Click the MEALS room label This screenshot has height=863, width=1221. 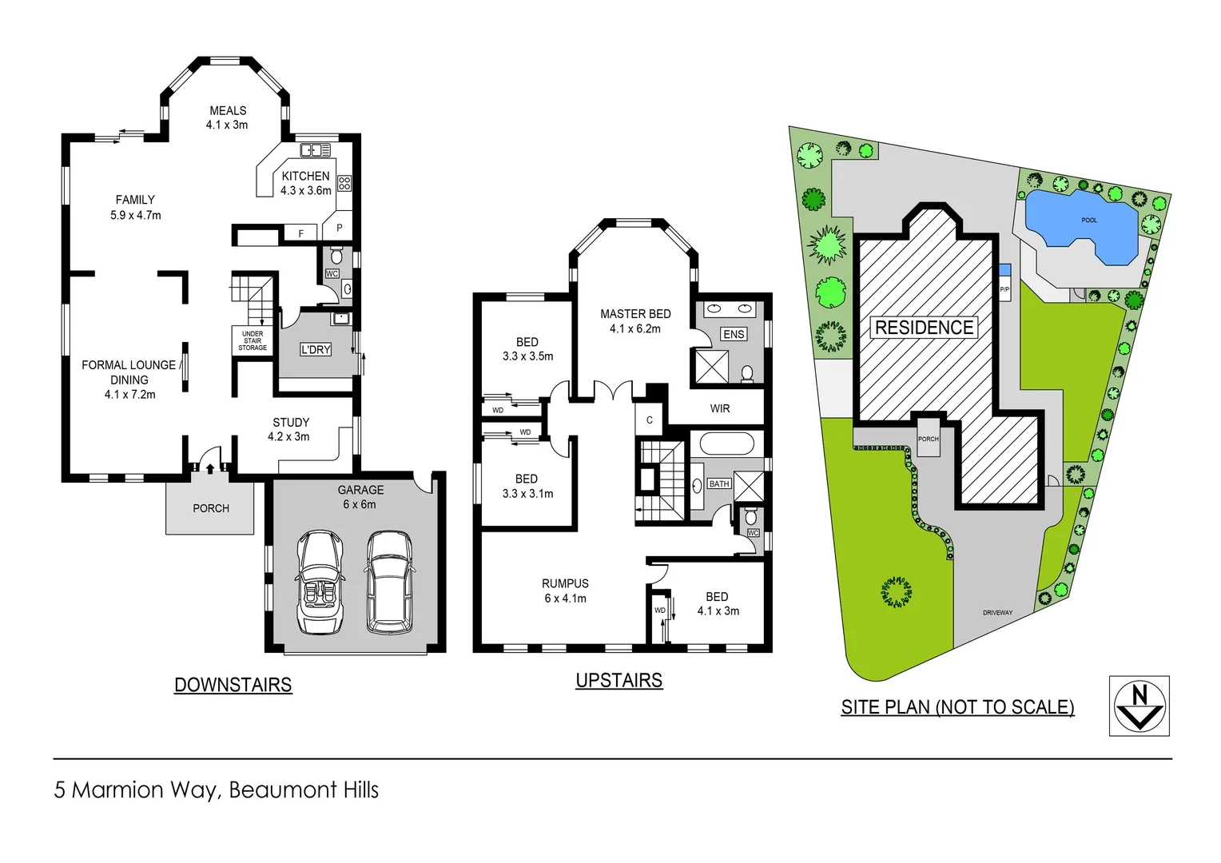[228, 111]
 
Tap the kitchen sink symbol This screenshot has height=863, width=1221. [315, 149]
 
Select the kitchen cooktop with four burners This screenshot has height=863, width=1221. [344, 183]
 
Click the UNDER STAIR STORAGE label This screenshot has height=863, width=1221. [253, 340]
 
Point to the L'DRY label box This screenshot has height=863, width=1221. [316, 349]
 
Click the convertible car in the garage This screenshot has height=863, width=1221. [320, 581]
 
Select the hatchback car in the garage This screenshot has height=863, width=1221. [389, 581]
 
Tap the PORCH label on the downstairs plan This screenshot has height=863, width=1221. [211, 508]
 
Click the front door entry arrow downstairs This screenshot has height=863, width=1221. [210, 468]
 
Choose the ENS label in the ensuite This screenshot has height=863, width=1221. [734, 334]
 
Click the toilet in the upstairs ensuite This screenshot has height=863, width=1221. [747, 372]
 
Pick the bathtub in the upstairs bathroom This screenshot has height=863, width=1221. [726, 443]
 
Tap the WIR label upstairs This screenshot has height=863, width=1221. [720, 408]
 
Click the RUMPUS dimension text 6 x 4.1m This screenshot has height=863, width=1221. [565, 599]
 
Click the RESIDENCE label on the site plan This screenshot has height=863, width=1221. [924, 328]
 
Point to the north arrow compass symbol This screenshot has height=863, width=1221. [1139, 706]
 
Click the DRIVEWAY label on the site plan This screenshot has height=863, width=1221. [997, 613]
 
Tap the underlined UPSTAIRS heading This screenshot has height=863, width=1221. [619, 680]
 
